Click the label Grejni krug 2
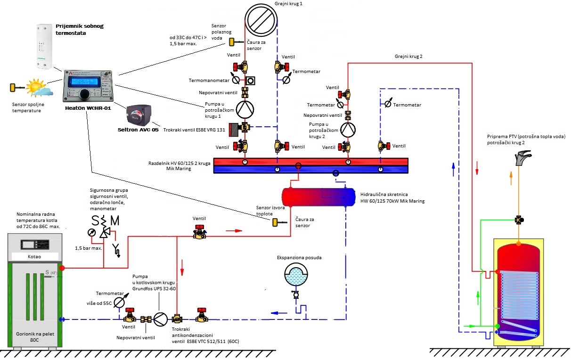click(408, 57)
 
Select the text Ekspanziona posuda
click(296, 258)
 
